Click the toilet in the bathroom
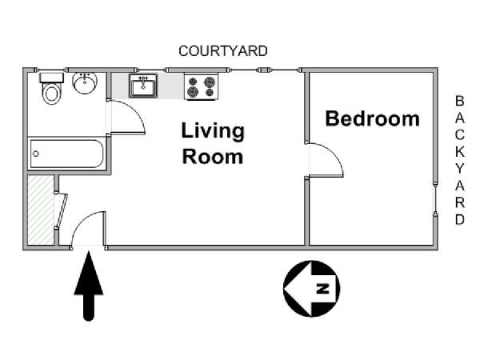pos(51,88)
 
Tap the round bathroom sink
pos(85,82)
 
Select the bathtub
pos(66,154)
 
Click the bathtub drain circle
pos(36,154)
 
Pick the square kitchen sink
pos(143,86)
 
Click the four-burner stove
pos(201,86)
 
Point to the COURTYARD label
pos(223,51)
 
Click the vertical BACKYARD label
pos(459,160)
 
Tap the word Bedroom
pos(372,118)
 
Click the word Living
pos(213,130)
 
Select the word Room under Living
pos(213,157)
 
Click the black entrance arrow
pos(89,286)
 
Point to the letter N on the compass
pos(322,288)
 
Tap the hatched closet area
pos(41,210)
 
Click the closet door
pos(62,210)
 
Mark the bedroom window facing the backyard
pos(435,198)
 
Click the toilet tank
pos(51,78)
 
